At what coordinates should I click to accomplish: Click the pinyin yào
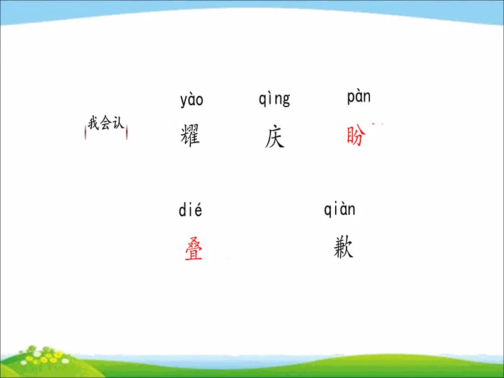(x=192, y=100)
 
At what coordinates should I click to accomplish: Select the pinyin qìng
(x=274, y=99)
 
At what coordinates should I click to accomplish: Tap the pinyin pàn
(x=358, y=97)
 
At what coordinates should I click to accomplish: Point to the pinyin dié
(x=190, y=210)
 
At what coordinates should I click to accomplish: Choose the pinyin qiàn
(x=340, y=209)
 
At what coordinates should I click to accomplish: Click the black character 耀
(x=190, y=135)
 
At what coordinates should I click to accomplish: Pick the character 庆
(x=275, y=137)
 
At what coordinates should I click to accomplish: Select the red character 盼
(x=356, y=135)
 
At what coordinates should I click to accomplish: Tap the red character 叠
(x=193, y=249)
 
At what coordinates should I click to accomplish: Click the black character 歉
(x=343, y=247)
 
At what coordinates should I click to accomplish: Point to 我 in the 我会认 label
(x=93, y=123)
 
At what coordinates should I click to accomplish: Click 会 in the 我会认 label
(x=106, y=123)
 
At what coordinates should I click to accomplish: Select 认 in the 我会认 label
(x=118, y=123)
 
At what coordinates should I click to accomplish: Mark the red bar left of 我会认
(x=86, y=132)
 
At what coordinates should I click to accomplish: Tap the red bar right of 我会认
(x=127, y=132)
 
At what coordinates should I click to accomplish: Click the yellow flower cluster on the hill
(x=43, y=356)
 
